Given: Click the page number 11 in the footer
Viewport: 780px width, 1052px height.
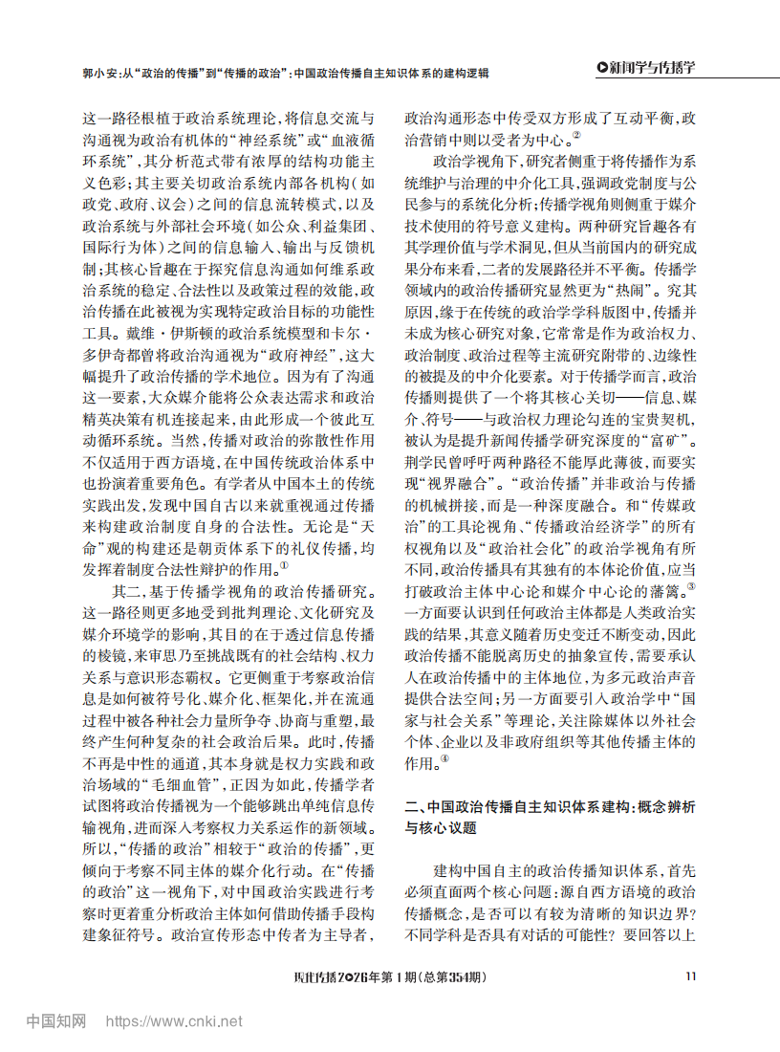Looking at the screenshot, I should click(x=691, y=976).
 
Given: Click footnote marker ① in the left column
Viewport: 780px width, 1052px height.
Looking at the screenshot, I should click(x=284, y=564).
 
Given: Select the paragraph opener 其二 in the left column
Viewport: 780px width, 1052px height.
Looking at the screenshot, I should click(x=124, y=590).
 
